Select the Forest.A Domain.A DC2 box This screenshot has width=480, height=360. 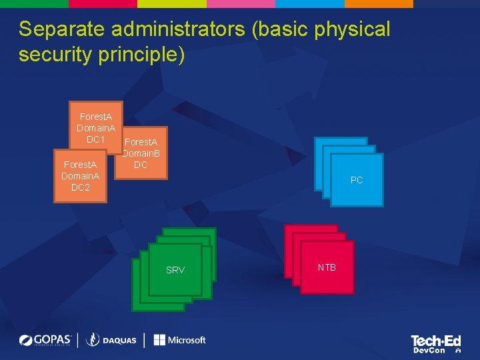point(80,176)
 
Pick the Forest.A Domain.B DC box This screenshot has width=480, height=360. point(141,153)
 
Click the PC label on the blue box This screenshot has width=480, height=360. point(357,180)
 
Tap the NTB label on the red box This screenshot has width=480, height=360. point(327,267)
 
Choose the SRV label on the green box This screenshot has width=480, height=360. point(175,270)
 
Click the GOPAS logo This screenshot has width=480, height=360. point(45,340)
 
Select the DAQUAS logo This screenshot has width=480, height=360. point(111,340)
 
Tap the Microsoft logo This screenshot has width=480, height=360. point(179,340)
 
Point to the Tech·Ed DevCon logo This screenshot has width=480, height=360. point(435,343)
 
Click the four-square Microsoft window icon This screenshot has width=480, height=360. point(159,340)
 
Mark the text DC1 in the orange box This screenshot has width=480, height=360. point(95,139)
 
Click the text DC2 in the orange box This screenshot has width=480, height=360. point(80,187)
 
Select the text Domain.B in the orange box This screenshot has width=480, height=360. point(141,153)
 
